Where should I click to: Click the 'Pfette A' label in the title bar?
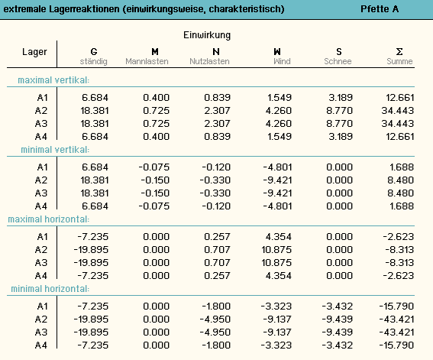click(380, 9)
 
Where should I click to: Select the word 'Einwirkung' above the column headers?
click(207, 35)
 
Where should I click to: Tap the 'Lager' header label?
click(34, 52)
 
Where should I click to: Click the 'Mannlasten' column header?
click(147, 61)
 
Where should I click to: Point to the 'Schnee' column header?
click(338, 61)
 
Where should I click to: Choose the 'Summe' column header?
click(399, 61)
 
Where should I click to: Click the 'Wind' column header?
click(282, 61)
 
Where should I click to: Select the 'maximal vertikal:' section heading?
click(53, 80)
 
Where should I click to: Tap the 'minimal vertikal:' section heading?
click(55, 150)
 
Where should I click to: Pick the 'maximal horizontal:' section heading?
click(49, 219)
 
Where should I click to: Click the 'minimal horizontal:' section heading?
click(50, 289)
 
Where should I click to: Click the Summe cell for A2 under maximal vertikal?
click(398, 111)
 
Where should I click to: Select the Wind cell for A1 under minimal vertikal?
click(277, 167)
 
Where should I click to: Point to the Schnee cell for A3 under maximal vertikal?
click(339, 124)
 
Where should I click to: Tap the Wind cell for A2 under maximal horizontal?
click(276, 250)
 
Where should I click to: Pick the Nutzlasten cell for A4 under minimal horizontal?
click(216, 345)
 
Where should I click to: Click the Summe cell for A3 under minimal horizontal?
click(396, 332)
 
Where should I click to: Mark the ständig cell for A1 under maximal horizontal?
click(93, 237)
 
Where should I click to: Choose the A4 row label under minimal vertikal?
click(41, 206)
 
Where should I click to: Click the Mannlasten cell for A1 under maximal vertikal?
click(156, 98)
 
